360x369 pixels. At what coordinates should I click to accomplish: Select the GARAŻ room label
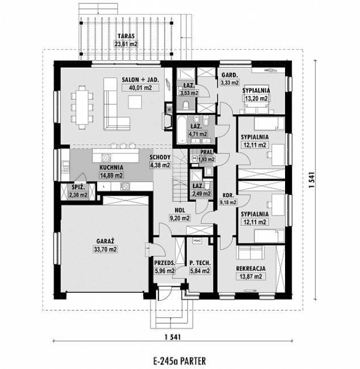pos(106,241)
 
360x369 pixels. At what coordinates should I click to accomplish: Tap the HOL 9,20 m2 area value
pos(179,217)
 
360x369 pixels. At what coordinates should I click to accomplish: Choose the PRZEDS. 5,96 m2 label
pos(165,267)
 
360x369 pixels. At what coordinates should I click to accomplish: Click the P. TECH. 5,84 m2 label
pos(200,267)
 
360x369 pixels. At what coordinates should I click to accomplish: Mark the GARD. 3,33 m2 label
pos(229,79)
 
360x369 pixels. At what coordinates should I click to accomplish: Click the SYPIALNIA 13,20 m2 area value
pos(256,98)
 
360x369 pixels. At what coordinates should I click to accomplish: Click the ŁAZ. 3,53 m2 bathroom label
pos(188,88)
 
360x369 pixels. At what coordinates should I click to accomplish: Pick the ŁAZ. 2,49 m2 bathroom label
pos(199,189)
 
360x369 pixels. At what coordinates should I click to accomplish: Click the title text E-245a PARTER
pos(180,360)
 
